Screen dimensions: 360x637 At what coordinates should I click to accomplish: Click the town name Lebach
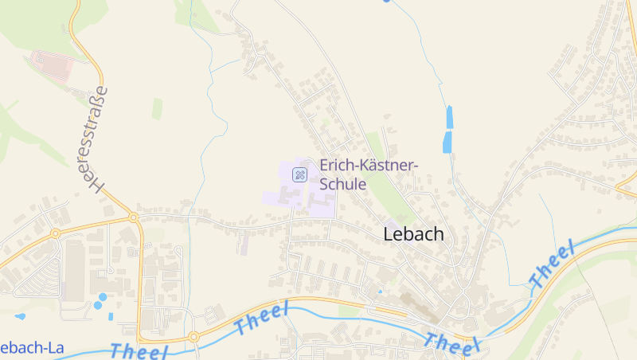413,235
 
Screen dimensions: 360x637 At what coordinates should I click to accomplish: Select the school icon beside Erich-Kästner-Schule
299,174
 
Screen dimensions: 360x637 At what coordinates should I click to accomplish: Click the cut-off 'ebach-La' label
32,348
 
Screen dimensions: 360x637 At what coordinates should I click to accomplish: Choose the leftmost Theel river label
139,351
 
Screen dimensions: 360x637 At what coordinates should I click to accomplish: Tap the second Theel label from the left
260,319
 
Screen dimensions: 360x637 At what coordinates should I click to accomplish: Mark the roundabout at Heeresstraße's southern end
134,217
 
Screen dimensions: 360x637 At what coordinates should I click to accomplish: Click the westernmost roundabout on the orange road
56,233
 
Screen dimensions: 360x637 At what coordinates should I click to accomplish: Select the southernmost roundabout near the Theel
193,337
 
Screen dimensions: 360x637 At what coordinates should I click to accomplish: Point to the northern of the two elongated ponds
450,116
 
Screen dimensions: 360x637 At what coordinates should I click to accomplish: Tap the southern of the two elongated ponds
447,143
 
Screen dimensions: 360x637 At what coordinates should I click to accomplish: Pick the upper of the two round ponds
103,297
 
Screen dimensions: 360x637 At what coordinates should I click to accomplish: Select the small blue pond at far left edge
20,316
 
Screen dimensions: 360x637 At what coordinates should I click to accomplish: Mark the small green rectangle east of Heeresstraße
157,109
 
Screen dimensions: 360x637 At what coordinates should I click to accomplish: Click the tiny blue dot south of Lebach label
380,292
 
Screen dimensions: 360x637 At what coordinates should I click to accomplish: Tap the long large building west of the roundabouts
74,271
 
